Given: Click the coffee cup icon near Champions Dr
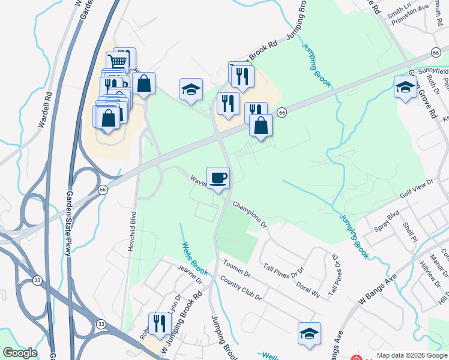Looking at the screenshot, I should pos(218,178).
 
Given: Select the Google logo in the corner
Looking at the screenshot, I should pos(19,353).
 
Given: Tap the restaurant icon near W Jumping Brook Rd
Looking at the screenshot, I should pos(160,324).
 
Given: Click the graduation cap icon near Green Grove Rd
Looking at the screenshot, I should pos(405,88).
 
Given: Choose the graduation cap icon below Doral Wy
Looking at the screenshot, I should pos(309,334).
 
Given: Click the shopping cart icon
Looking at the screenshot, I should pos(118,61).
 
